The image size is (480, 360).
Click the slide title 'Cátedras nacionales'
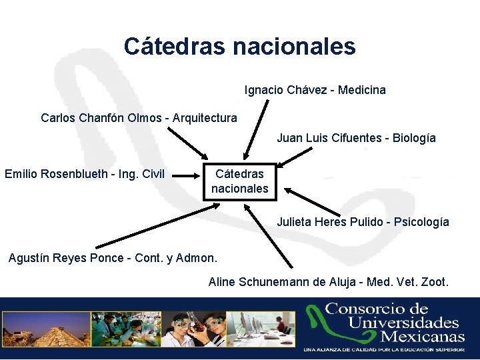239,46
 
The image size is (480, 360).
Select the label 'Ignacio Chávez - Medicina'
315,89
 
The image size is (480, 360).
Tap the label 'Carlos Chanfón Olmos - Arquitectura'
139,118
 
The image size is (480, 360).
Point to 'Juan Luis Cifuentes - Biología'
356,138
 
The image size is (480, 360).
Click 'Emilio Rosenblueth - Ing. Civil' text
85,174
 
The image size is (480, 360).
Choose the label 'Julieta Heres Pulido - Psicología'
363,221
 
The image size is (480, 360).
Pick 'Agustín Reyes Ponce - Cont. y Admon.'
113,258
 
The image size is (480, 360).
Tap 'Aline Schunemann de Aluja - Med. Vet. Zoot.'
329,282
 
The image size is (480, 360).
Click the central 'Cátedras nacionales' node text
239,181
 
